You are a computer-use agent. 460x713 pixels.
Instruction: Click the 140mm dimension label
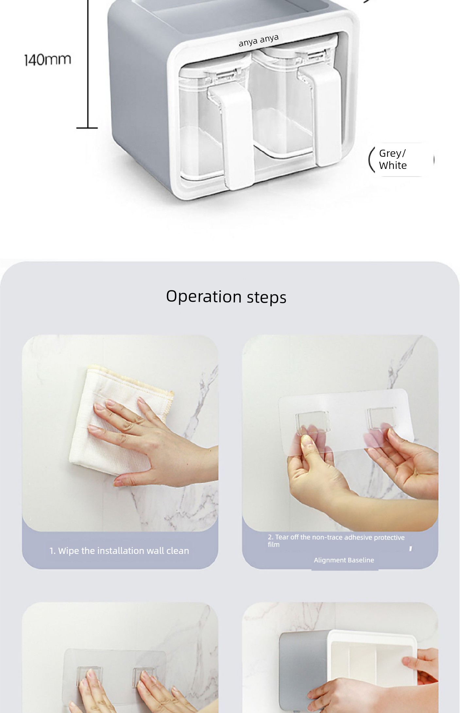[48, 60]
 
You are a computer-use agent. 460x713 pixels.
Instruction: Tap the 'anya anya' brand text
[259, 40]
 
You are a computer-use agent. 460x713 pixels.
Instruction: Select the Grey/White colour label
[393, 159]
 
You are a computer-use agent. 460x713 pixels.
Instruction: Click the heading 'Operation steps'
[226, 297]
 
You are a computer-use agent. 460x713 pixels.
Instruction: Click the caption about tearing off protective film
[336, 540]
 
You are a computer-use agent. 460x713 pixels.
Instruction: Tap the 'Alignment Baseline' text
[344, 560]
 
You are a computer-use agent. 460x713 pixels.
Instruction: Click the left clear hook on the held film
[313, 422]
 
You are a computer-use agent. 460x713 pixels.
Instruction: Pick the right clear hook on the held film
[381, 417]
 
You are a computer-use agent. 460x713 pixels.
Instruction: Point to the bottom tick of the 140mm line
[87, 128]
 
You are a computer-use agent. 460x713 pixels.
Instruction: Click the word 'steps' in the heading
[266, 297]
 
